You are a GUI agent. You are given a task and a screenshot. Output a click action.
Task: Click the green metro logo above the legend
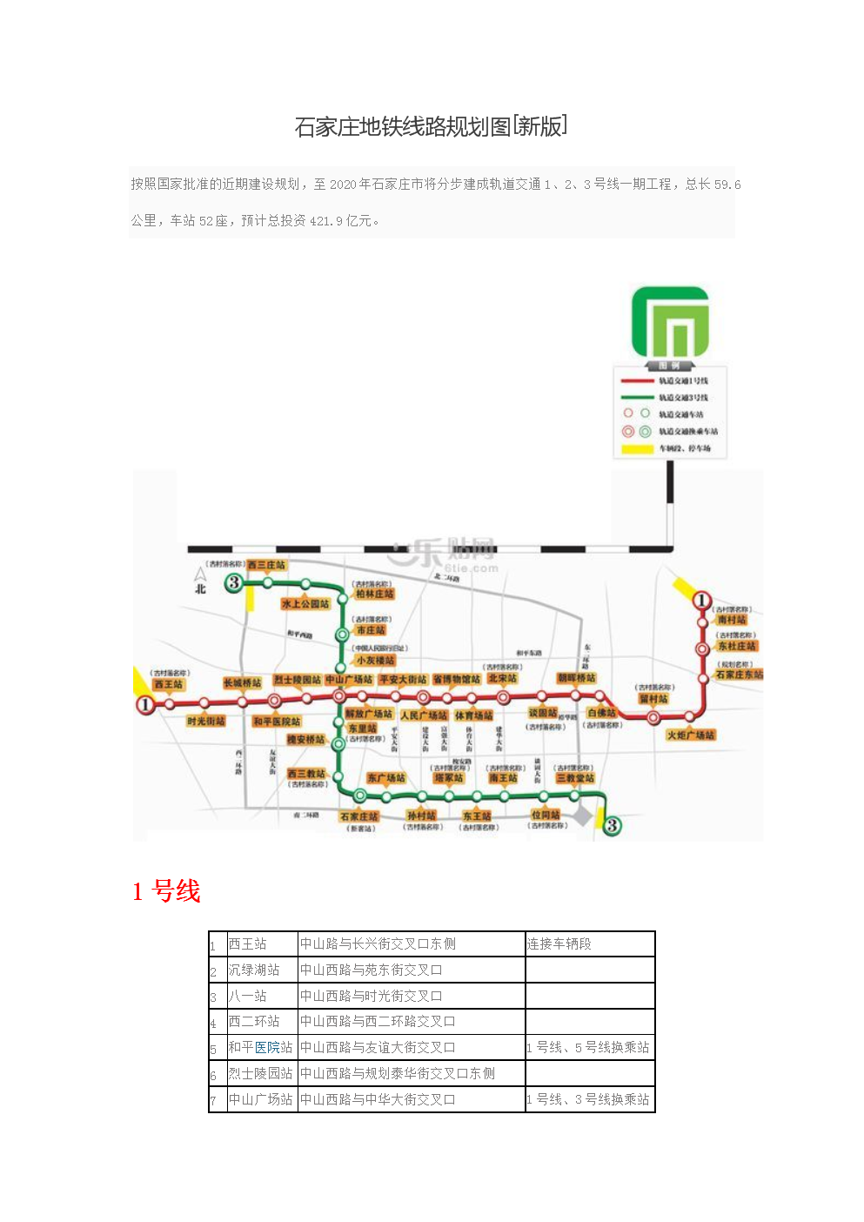click(x=670, y=321)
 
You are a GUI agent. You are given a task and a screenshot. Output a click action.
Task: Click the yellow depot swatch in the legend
click(x=637, y=449)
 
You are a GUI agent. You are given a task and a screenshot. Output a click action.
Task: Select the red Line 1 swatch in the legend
click(x=637, y=381)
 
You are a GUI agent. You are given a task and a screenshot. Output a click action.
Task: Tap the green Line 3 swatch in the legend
click(x=637, y=398)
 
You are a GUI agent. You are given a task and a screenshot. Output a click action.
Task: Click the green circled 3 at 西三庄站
click(x=233, y=582)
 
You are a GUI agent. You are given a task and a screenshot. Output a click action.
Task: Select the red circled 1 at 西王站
click(x=145, y=704)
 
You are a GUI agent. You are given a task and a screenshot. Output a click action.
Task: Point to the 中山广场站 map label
click(x=349, y=680)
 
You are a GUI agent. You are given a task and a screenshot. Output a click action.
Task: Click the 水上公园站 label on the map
click(x=305, y=603)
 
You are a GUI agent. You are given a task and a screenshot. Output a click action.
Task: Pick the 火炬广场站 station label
click(x=691, y=735)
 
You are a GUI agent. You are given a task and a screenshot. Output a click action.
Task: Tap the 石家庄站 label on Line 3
click(x=359, y=816)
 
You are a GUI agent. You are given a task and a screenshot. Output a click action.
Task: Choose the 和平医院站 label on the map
click(x=277, y=722)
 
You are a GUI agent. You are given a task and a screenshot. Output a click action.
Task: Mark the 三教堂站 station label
click(x=575, y=778)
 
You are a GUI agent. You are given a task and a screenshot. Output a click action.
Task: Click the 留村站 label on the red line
click(x=653, y=699)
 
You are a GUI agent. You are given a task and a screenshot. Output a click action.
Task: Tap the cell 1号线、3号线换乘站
click(x=589, y=1100)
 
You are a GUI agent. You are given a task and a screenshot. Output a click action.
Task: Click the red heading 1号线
click(x=166, y=891)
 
